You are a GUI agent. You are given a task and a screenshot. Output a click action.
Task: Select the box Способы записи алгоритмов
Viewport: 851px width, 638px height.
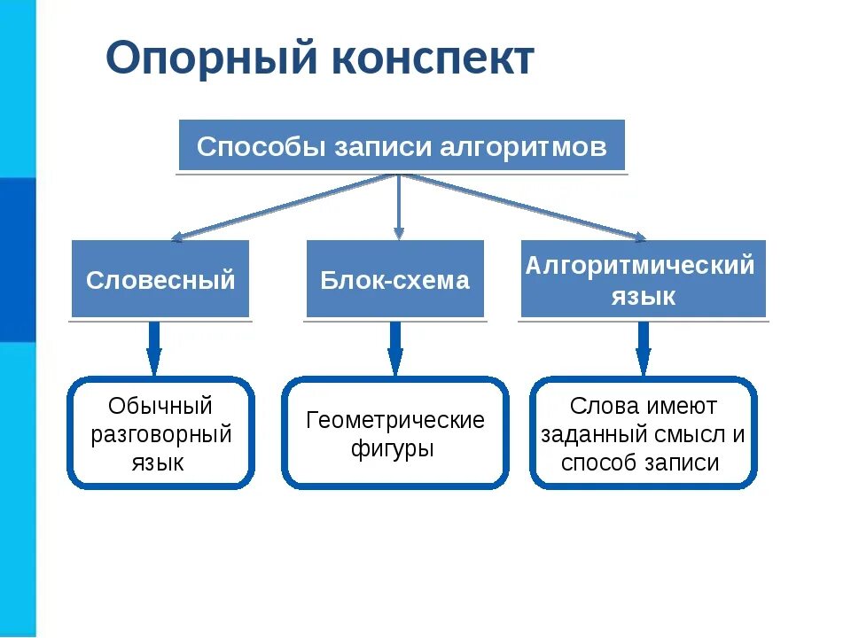coord(402,145)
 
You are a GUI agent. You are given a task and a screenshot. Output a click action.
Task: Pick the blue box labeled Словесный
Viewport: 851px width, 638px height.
coord(160,280)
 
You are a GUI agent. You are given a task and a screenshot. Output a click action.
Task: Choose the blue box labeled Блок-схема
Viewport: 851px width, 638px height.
coord(395,280)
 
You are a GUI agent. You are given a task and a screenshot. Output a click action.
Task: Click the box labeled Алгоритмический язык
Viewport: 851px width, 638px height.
coord(643,280)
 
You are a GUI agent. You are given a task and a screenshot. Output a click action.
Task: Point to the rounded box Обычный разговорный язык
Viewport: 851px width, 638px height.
coord(160,433)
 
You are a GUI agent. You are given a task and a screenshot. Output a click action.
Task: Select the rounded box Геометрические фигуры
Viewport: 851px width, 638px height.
coord(395,433)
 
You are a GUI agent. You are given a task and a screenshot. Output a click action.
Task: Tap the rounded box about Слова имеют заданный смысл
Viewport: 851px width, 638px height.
coord(643,433)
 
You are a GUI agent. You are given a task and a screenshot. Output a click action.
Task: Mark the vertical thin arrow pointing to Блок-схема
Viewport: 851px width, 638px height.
coord(399,208)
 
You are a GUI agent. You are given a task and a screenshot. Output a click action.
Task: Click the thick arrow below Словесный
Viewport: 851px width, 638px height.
coord(154,348)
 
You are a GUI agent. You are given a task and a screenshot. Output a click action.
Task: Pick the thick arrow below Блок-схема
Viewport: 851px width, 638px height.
coord(395,348)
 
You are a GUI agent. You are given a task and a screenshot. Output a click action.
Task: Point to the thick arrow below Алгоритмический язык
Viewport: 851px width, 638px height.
coord(644,348)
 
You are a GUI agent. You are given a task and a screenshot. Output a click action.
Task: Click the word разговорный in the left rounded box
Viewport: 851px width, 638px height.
coord(160,434)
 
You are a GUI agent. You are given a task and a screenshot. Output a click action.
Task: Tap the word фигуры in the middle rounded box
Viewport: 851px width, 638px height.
coord(392,448)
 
